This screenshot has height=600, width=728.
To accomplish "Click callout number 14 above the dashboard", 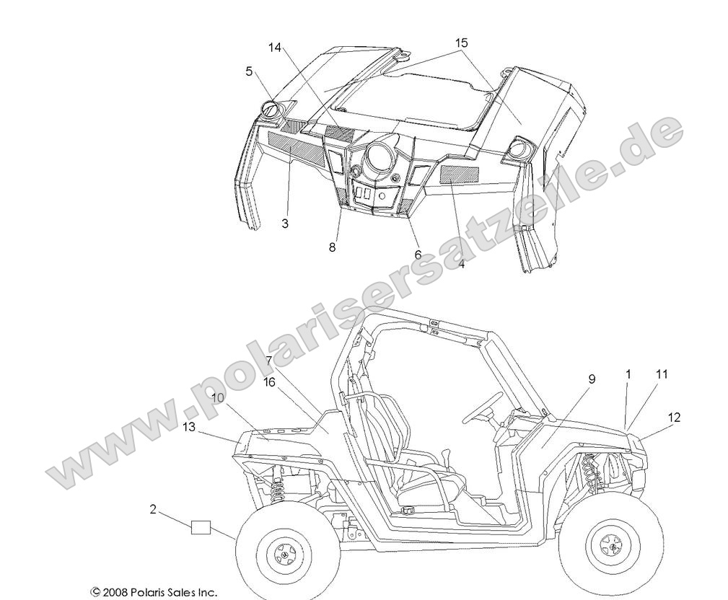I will click(274, 48).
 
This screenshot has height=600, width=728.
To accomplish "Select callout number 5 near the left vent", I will click(249, 71).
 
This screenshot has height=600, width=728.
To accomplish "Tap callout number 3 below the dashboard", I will click(285, 224).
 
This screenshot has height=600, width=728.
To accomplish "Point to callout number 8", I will click(332, 247).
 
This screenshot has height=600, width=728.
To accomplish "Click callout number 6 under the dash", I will click(417, 254).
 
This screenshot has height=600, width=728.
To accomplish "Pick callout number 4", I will click(462, 265).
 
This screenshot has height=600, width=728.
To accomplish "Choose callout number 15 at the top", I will click(461, 43).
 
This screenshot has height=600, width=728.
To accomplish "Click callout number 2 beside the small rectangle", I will click(153, 509).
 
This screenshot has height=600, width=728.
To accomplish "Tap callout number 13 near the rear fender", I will click(189, 427).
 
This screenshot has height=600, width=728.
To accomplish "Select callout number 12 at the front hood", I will click(674, 417).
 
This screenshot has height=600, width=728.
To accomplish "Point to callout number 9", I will click(592, 378).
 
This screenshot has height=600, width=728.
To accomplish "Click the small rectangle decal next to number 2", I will click(201, 528).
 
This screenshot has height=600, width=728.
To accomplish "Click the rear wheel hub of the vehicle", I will click(284, 555).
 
